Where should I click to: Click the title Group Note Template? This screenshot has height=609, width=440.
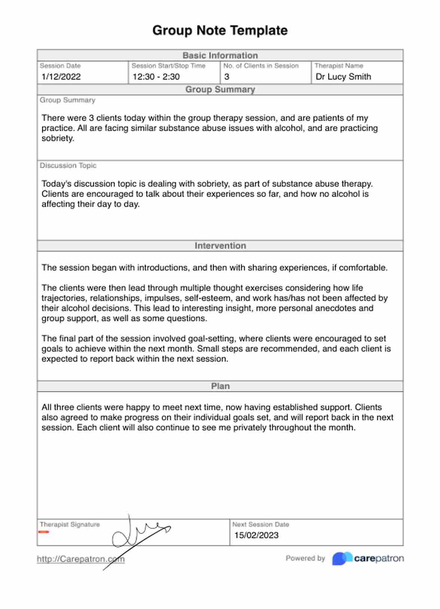[220, 30]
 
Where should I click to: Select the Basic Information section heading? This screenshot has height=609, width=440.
[220, 56]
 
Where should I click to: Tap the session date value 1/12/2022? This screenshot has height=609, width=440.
[61, 77]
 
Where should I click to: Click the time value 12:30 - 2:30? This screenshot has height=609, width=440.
[156, 77]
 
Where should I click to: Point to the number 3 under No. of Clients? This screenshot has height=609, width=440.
[227, 77]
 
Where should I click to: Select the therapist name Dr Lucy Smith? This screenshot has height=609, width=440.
[343, 77]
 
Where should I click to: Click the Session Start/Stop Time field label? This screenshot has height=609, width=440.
[168, 66]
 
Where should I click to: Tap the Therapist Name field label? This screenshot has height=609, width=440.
[339, 66]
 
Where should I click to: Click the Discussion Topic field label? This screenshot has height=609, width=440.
[68, 166]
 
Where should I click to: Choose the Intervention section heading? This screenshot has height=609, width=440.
[220, 246]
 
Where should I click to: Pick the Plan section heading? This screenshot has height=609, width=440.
[220, 386]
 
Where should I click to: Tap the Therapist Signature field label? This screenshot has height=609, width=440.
[70, 525]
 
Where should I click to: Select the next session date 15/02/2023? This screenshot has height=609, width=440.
[256, 535]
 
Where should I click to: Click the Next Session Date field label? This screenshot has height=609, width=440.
[260, 525]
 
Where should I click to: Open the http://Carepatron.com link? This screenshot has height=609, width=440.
[80, 559]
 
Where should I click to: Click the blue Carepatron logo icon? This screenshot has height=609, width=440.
[342, 559]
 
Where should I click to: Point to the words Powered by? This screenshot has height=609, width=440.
[305, 558]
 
